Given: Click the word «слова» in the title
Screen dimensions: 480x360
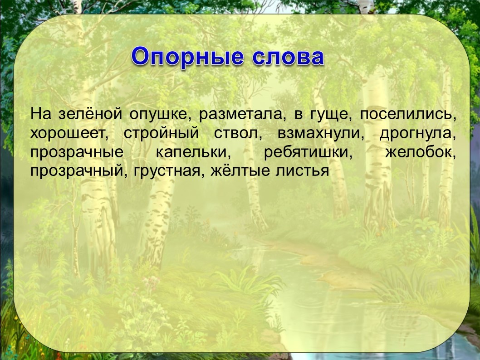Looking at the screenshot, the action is pyautogui.click(x=289, y=57).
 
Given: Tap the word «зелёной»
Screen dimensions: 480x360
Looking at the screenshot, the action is pyautogui.click(x=90, y=114).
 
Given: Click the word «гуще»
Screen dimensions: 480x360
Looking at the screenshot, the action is pyautogui.click(x=329, y=116).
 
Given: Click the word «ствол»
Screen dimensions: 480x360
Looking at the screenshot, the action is pyautogui.click(x=238, y=134).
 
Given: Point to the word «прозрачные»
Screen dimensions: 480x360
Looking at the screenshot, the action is pyautogui.click(x=77, y=153).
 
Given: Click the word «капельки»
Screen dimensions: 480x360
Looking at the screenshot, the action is pyautogui.click(x=193, y=153).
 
